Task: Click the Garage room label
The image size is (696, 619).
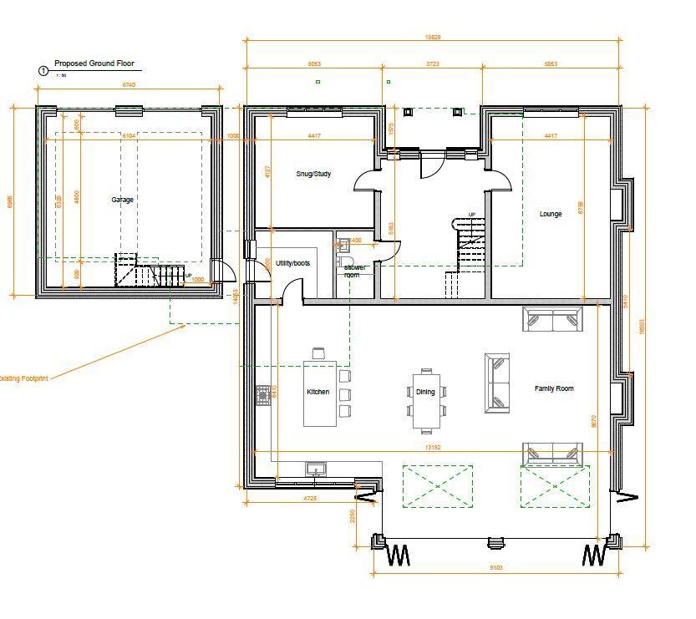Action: (x=122, y=200)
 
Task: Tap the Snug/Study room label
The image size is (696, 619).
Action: (x=313, y=174)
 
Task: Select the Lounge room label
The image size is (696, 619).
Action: (x=551, y=214)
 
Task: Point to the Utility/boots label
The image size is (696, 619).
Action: (x=292, y=263)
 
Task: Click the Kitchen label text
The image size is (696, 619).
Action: (x=318, y=392)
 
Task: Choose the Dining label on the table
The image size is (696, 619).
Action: (x=425, y=392)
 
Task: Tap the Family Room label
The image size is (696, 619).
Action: (x=554, y=388)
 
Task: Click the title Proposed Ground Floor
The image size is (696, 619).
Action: (x=94, y=63)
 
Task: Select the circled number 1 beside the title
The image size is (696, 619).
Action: (x=43, y=72)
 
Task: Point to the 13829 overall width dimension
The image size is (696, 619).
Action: (x=433, y=37)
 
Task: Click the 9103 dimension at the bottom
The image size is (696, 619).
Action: (x=495, y=568)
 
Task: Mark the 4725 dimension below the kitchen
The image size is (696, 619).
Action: (x=309, y=498)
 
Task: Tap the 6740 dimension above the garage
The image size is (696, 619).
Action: (x=129, y=84)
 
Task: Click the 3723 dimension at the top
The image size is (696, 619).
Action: (x=432, y=63)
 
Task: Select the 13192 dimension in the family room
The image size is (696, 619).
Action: (x=432, y=447)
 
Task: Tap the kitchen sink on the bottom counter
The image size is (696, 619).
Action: (x=317, y=469)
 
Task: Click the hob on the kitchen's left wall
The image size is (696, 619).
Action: (x=264, y=394)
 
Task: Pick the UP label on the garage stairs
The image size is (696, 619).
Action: (x=188, y=276)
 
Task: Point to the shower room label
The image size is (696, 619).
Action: (x=356, y=271)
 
